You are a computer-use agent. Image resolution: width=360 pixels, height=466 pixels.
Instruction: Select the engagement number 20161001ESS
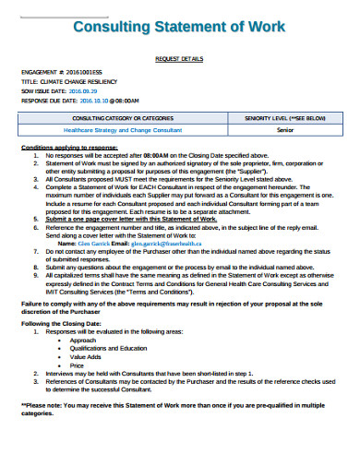[83, 72]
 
